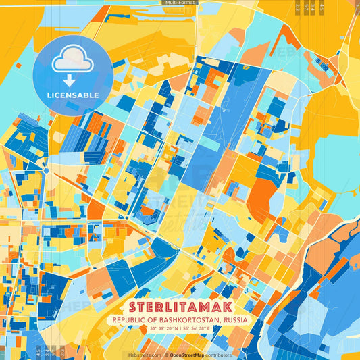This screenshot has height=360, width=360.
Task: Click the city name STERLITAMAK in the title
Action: tap(180, 305)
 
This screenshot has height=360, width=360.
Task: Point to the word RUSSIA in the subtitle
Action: tap(234, 319)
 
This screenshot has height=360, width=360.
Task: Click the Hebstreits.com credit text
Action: tap(145, 354)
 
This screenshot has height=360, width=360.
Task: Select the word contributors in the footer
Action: tap(218, 354)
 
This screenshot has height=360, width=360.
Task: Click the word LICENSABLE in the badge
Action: tap(72, 95)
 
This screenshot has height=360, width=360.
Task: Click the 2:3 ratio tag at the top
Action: tap(298, 7)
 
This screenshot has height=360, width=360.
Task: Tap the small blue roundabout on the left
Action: tap(45, 170)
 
